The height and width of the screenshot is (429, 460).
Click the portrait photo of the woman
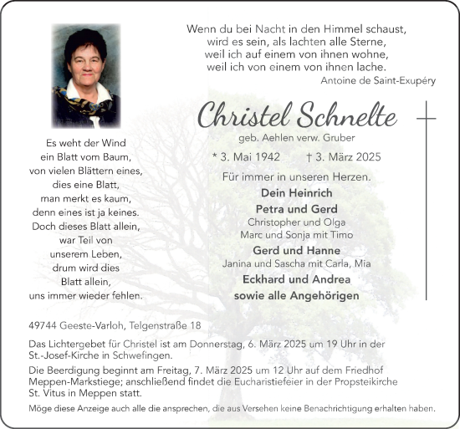(85, 76)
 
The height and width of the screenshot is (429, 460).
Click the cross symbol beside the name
(427, 119)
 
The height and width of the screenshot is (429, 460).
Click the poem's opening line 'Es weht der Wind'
(85, 143)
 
